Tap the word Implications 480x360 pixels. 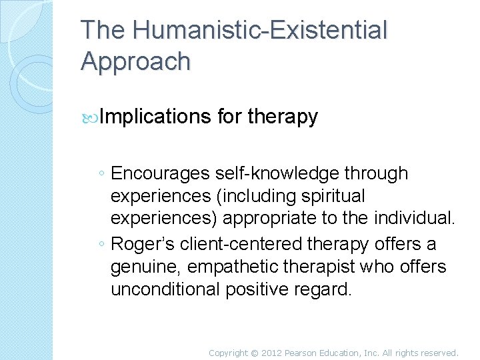(x=155, y=117)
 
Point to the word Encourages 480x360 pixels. (x=161, y=174)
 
